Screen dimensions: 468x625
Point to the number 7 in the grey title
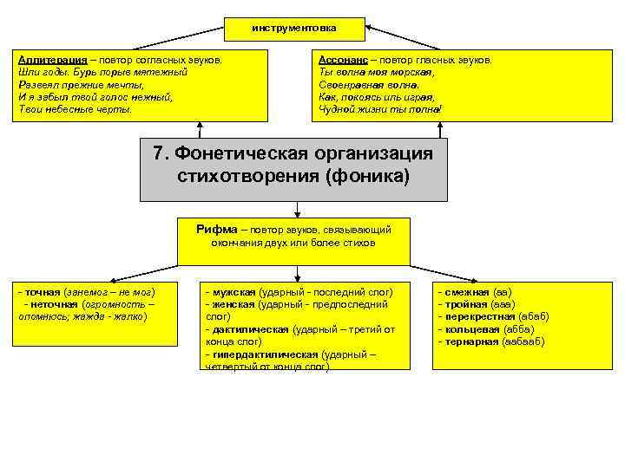pos(158,154)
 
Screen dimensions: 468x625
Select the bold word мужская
pos(233,292)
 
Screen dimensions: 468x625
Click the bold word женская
pos(232,304)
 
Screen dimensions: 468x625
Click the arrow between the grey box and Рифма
pos(297,208)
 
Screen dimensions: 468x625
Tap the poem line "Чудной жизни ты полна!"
pos(380,109)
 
